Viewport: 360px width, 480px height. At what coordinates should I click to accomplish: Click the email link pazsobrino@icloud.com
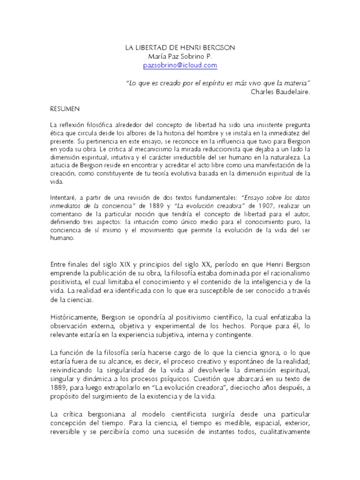pyautogui.click(x=180, y=66)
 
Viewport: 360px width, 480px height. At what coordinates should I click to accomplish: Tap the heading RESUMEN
pyautogui.click(x=65, y=108)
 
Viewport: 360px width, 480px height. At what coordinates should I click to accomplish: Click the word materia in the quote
pyautogui.click(x=297, y=82)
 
